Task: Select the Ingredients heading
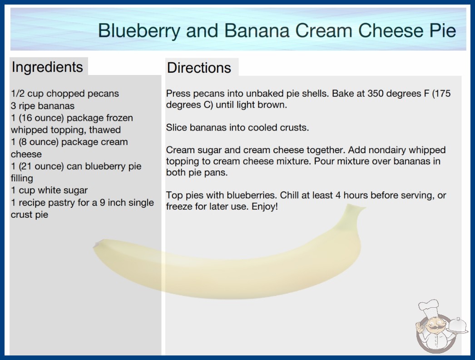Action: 47,67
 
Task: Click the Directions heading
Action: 199,68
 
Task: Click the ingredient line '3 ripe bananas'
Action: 43,106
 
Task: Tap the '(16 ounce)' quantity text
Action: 41,118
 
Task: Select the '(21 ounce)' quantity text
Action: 41,166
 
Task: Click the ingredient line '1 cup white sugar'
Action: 49,190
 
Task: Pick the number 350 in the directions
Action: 376,94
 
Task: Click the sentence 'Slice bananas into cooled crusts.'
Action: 237,127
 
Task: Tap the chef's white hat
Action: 429,307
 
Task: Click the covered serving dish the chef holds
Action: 458,326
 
